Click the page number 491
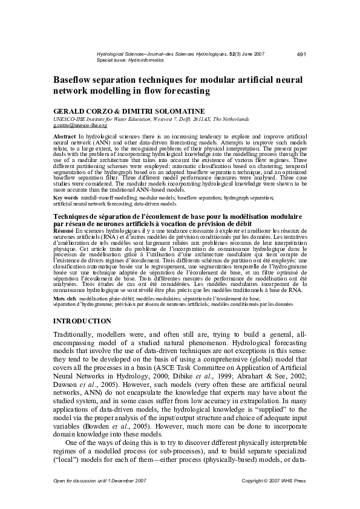[301, 55]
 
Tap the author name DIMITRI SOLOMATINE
[163, 111]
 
